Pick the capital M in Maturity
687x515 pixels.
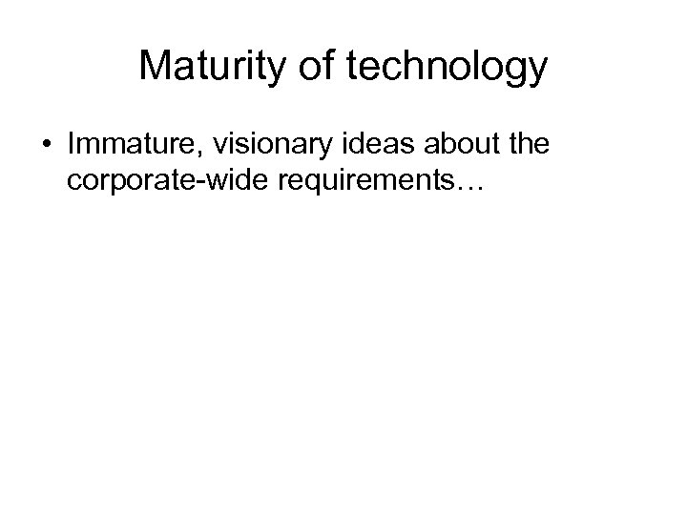click(153, 67)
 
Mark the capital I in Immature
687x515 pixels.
click(73, 148)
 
